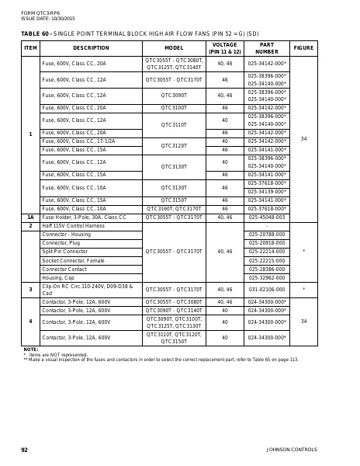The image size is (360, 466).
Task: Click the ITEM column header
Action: (30, 48)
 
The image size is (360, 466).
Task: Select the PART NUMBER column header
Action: (267, 48)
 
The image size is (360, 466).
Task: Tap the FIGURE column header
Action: (303, 48)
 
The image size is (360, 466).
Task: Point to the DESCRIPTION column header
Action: (91, 48)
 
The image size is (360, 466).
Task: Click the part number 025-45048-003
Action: (267, 217)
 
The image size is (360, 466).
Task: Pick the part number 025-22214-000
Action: (267, 252)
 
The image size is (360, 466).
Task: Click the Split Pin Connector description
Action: (65, 252)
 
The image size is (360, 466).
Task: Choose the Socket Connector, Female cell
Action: (73, 260)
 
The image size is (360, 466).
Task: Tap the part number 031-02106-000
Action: (267, 290)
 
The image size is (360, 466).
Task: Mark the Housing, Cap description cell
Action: (58, 277)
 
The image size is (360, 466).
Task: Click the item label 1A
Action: (30, 217)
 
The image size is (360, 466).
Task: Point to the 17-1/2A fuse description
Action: (78, 141)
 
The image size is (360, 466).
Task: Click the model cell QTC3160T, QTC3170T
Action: (174, 209)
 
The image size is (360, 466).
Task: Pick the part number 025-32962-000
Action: (267, 277)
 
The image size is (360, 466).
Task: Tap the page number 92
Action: (24, 450)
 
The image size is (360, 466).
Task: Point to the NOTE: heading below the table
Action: (31, 349)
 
